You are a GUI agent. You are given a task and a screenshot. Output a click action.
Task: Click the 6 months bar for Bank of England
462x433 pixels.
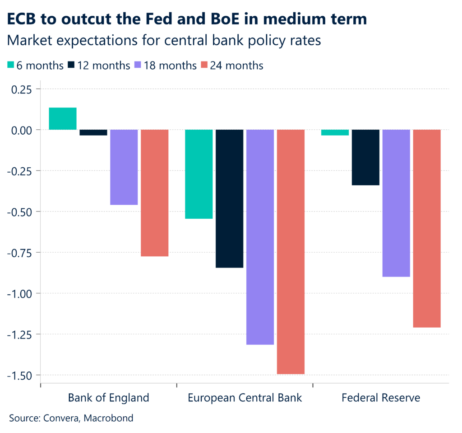62,118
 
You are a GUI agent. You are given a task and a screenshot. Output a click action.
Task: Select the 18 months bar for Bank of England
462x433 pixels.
124,167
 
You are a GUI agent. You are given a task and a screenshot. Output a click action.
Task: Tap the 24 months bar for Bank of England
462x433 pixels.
154,193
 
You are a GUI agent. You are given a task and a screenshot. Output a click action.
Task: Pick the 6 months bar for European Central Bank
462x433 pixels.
199,174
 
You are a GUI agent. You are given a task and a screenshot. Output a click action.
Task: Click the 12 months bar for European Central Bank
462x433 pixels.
229,198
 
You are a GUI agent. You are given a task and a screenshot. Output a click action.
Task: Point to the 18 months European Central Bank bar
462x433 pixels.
260,237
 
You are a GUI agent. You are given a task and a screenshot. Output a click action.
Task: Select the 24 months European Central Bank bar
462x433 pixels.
291,252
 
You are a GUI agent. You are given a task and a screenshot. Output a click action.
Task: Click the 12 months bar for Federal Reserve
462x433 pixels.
365,157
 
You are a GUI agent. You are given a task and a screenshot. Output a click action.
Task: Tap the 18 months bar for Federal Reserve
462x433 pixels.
396,203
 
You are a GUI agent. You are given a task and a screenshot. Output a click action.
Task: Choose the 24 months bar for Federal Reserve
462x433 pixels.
427,228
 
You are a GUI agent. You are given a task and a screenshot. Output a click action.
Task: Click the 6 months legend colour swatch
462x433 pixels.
11,66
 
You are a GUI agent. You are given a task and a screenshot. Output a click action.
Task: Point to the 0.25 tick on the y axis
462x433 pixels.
21,89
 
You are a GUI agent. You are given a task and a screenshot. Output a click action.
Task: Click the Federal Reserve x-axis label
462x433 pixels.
381,398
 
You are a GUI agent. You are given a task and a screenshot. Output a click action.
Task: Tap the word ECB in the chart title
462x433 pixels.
22,19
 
